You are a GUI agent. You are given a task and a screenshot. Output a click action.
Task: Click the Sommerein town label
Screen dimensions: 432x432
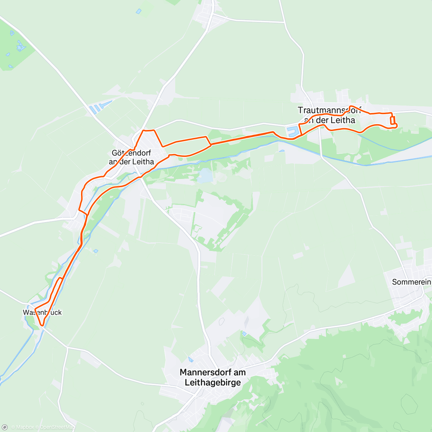click(x=411, y=282)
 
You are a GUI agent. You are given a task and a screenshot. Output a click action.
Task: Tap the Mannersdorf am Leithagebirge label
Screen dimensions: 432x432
click(x=212, y=377)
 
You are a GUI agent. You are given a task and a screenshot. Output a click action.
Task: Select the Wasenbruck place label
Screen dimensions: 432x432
click(x=42, y=312)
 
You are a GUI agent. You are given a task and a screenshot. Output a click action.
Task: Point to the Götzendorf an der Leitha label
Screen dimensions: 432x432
click(x=131, y=157)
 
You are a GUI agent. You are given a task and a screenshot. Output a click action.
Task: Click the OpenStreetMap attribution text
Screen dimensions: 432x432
click(x=57, y=427)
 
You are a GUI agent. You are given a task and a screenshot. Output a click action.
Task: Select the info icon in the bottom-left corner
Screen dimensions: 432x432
click(x=5, y=427)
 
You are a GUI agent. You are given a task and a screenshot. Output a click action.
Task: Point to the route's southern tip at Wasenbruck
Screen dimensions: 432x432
click(x=42, y=325)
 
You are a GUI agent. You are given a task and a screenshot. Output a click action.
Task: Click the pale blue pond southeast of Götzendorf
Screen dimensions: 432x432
click(x=205, y=176)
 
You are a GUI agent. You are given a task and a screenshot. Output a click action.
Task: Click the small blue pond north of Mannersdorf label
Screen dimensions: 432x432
click(x=190, y=359)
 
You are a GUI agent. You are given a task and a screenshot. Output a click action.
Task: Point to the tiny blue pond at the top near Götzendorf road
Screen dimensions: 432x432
click(x=139, y=11)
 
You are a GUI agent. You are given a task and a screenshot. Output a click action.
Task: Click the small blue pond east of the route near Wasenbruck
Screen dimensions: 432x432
click(x=95, y=251)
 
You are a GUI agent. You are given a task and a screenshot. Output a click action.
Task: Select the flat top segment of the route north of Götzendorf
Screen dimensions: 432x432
click(x=149, y=130)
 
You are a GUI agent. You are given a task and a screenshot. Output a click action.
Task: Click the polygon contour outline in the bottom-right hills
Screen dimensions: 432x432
click(x=410, y=403)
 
